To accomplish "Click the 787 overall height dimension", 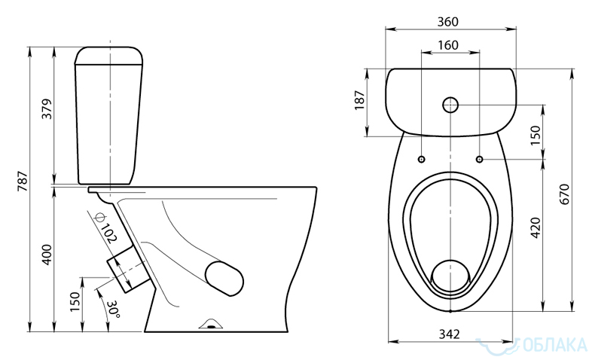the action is [x=23, y=181].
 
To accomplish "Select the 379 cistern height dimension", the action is [x=47, y=109].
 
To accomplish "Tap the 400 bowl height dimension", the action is [x=47, y=255].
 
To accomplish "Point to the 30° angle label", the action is [x=113, y=309].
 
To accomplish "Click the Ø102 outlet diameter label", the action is [x=105, y=227].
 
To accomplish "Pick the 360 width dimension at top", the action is [x=448, y=22].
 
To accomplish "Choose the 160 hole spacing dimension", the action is [x=448, y=45].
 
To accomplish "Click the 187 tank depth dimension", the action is [x=360, y=100].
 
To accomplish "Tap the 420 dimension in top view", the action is [x=536, y=227].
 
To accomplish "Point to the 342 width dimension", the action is [x=450, y=334].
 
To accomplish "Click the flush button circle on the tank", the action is [x=450, y=105].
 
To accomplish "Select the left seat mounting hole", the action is [x=421, y=159].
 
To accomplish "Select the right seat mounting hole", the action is [x=479, y=159].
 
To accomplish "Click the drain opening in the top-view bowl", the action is [x=450, y=276].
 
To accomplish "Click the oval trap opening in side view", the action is [x=224, y=278].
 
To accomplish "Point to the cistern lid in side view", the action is [x=109, y=56].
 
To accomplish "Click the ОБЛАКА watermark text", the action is [x=556, y=345].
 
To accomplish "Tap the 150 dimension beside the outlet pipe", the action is [x=75, y=302].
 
